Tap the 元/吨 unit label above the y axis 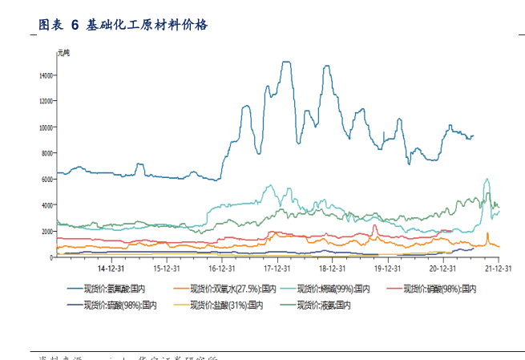[x=63, y=53]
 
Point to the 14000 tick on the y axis [x=46, y=75]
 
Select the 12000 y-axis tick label [x=46, y=101]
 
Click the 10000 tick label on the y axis [x=46, y=127]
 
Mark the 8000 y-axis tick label [x=47, y=153]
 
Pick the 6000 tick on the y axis [x=47, y=180]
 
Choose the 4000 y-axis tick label [x=47, y=205]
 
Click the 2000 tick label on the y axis [x=47, y=232]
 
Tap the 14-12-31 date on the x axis [x=110, y=269]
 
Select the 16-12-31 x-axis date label [x=221, y=269]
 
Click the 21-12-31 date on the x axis [x=498, y=269]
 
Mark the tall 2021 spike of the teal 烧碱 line [x=487, y=180]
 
